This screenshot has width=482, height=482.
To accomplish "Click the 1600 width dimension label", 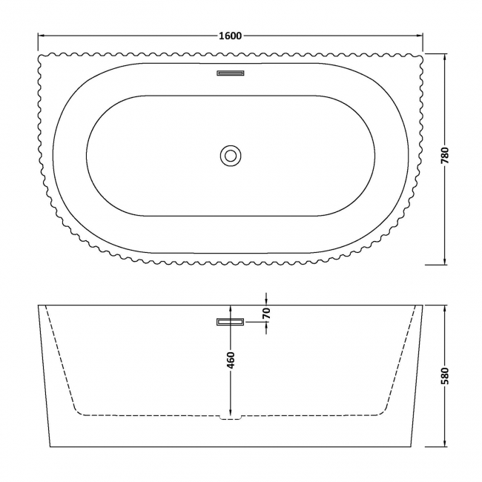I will pos(231,36).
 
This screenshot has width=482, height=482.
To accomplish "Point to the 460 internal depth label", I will pos(231,360).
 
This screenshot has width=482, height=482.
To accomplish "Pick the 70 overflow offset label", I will pos(266,313).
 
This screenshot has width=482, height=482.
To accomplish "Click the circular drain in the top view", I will pos(231,156).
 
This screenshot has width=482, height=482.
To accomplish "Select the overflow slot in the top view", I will pos(231,73).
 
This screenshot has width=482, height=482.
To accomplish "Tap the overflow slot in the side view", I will pos(231,322).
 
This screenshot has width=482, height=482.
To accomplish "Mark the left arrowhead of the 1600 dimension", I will pos(41,36).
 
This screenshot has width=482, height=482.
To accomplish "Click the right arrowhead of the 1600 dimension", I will pos(420,36).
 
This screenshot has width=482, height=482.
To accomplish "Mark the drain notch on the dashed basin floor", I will pos(231,417).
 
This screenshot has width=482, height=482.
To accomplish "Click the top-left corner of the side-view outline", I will pos(39,305).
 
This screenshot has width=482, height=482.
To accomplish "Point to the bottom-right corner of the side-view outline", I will pos(412,447).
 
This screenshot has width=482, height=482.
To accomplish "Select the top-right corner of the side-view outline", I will pos(423,305).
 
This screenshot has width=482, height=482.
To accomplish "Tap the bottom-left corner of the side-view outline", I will pos(50,447).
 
